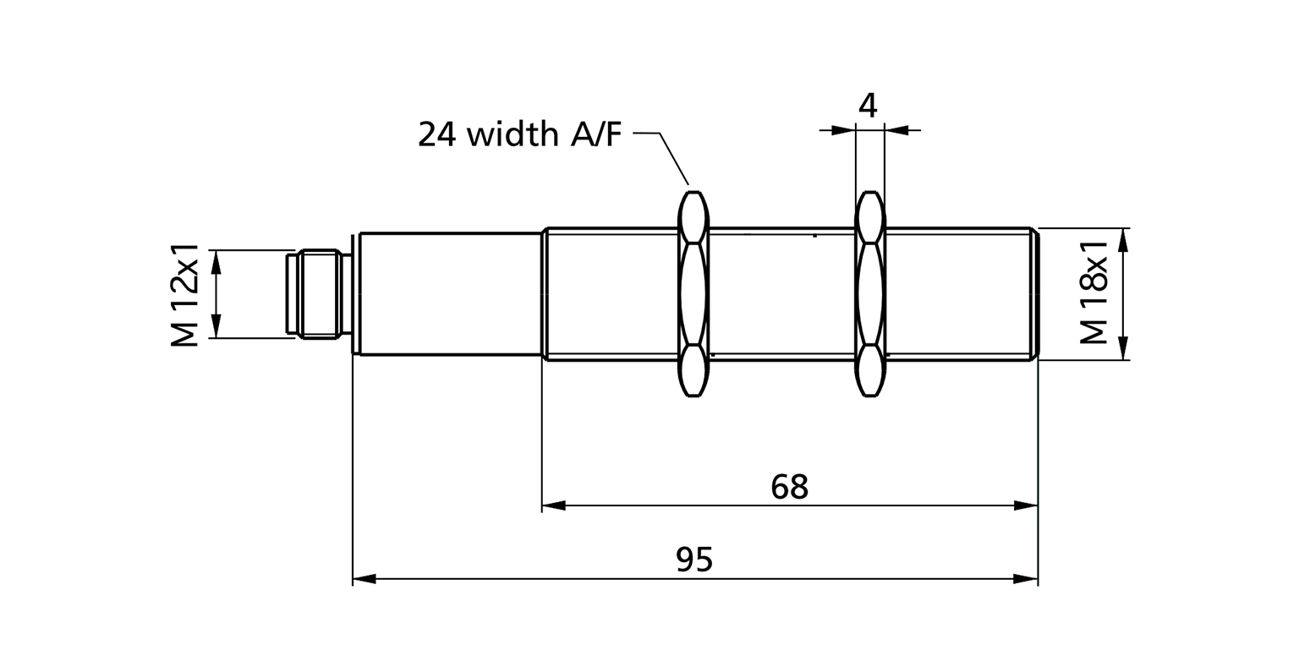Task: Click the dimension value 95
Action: coord(694,560)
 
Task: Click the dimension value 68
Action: coord(790,486)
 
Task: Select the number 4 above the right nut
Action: coord(868,106)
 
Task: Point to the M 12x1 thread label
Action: coord(184,295)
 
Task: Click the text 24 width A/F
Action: coord(519,134)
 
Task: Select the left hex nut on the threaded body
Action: coord(693,293)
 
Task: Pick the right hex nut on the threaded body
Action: coord(869,293)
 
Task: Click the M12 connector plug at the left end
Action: coord(317,293)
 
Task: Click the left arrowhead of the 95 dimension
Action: coord(364,579)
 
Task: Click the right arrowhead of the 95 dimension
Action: coord(1025,579)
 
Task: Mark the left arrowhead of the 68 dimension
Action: coord(553,505)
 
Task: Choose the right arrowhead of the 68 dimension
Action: coord(1025,505)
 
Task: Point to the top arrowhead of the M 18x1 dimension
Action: coord(1123,240)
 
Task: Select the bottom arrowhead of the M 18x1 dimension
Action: coord(1123,348)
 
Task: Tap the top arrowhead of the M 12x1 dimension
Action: coord(216,261)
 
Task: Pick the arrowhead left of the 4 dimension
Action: coord(842,130)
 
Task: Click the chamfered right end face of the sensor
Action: coord(1033,293)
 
